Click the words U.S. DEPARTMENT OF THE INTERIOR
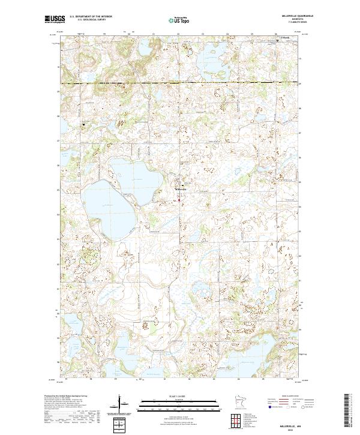click(91, 17)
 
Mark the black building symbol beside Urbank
click(278, 41)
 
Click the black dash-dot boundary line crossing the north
click(180, 82)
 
